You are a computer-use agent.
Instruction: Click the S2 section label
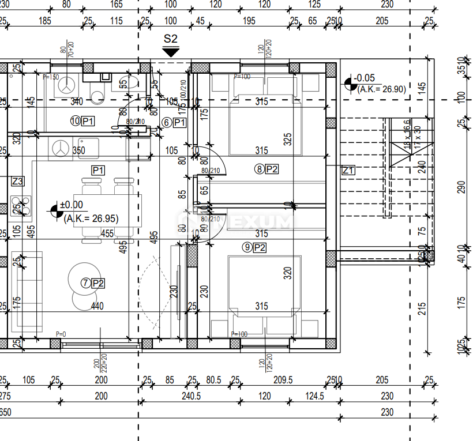(170, 39)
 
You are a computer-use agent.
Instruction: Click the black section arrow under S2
(170, 52)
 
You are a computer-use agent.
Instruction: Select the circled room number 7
(85, 282)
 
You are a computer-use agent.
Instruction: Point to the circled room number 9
(247, 247)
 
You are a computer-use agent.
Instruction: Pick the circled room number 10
(75, 121)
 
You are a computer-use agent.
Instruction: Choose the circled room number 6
(167, 122)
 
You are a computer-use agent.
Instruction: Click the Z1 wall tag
(348, 170)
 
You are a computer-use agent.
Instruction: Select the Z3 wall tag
(18, 181)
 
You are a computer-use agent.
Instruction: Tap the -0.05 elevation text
(364, 78)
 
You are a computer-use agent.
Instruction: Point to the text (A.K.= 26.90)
(381, 89)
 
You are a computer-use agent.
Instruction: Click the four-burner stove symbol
(21, 205)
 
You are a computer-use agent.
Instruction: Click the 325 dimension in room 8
(288, 140)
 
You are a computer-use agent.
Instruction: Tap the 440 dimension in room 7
(97, 306)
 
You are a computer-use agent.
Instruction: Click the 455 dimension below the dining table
(106, 233)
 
